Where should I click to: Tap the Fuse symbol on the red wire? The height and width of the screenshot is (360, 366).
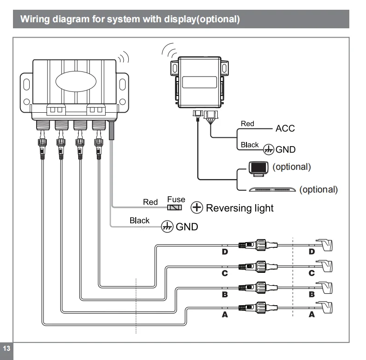coord(174,207)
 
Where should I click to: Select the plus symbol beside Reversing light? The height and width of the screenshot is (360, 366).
coord(197,208)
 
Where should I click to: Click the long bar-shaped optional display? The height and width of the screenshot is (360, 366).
coord(273,189)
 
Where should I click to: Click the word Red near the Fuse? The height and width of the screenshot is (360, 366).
coord(151,202)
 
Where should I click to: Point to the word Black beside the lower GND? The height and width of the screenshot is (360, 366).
coord(139,221)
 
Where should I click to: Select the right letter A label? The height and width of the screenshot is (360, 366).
coord(311,314)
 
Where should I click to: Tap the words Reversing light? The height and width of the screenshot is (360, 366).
coord(240,208)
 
